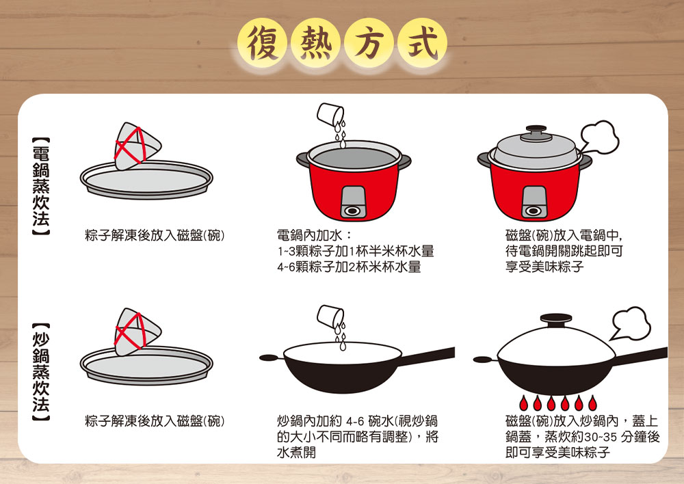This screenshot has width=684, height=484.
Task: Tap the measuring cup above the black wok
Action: (332, 315)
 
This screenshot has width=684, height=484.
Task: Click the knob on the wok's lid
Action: (553, 318)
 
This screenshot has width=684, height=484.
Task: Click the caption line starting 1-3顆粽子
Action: (355, 252)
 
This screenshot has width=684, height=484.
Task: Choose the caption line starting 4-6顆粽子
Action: (349, 267)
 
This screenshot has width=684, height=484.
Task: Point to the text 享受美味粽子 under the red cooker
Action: (544, 267)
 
